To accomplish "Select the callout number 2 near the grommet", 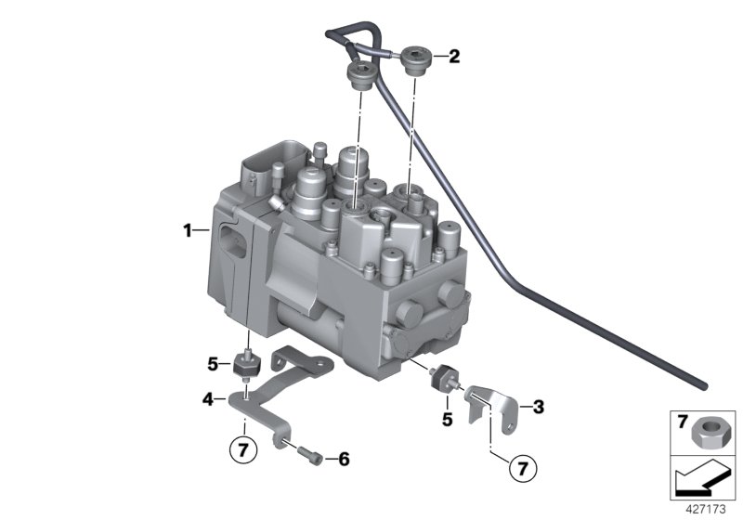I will coord(454,58).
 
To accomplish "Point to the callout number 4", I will coord(208,400).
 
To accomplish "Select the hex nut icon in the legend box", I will coord(709,430).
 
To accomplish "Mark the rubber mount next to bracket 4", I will coord(246,364).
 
